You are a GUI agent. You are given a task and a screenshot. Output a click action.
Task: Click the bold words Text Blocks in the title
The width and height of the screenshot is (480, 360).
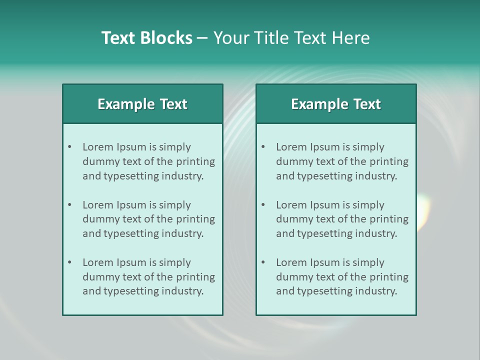[146, 38]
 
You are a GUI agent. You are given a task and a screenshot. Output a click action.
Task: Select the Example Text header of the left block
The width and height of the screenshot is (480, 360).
[142, 104]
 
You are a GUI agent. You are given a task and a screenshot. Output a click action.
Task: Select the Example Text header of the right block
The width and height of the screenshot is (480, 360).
[336, 104]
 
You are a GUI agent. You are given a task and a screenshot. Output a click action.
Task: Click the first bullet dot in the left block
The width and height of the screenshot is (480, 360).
[70, 147]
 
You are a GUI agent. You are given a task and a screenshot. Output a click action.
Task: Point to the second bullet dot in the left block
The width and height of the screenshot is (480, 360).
[70, 205]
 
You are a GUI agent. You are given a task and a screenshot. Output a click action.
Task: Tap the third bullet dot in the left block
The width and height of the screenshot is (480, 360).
[70, 262]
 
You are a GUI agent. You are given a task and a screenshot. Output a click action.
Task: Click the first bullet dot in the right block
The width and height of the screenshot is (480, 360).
[263, 147]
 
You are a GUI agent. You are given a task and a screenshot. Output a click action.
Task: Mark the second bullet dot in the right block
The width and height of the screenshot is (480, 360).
[263, 205]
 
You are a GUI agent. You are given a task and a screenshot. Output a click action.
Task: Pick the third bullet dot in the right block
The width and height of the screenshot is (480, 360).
[263, 262]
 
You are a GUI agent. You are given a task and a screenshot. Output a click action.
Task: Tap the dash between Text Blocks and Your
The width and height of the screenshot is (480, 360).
[202, 38]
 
